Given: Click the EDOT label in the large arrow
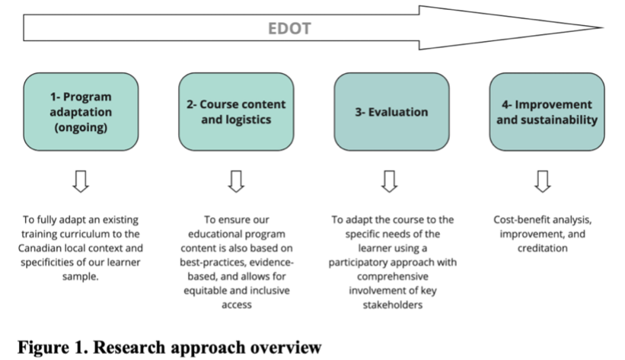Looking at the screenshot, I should [289, 29].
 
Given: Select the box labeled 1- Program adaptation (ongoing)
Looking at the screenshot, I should [81, 112].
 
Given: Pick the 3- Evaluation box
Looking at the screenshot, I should [391, 112].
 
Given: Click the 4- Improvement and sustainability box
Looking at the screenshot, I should [542, 112].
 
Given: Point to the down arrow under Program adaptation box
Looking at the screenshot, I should [81, 180].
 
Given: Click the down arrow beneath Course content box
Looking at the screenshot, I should [236, 180].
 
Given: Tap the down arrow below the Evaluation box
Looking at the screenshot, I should [390, 180].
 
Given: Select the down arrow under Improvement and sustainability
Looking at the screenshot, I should [541, 180].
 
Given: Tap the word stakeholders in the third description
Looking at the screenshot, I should [391, 307].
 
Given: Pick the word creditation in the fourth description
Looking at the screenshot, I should [541, 249].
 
